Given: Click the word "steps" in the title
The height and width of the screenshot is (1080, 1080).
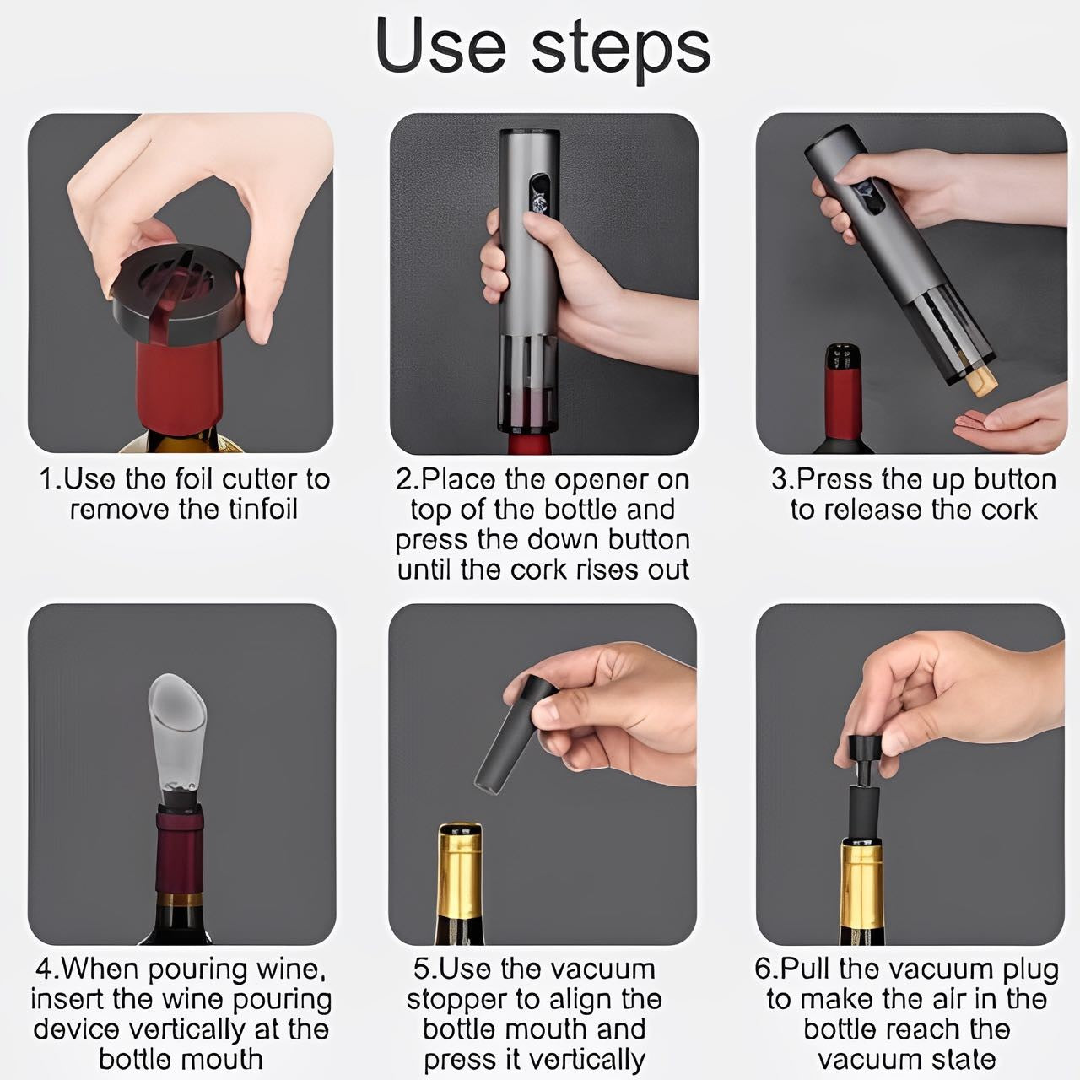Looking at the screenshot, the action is click(x=621, y=52).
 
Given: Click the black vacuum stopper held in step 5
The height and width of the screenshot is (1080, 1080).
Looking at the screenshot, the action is click(x=516, y=735).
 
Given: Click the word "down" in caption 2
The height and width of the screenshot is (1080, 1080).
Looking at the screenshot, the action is click(x=564, y=539).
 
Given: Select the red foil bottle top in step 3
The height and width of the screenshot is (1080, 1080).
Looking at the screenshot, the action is click(x=845, y=392).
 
